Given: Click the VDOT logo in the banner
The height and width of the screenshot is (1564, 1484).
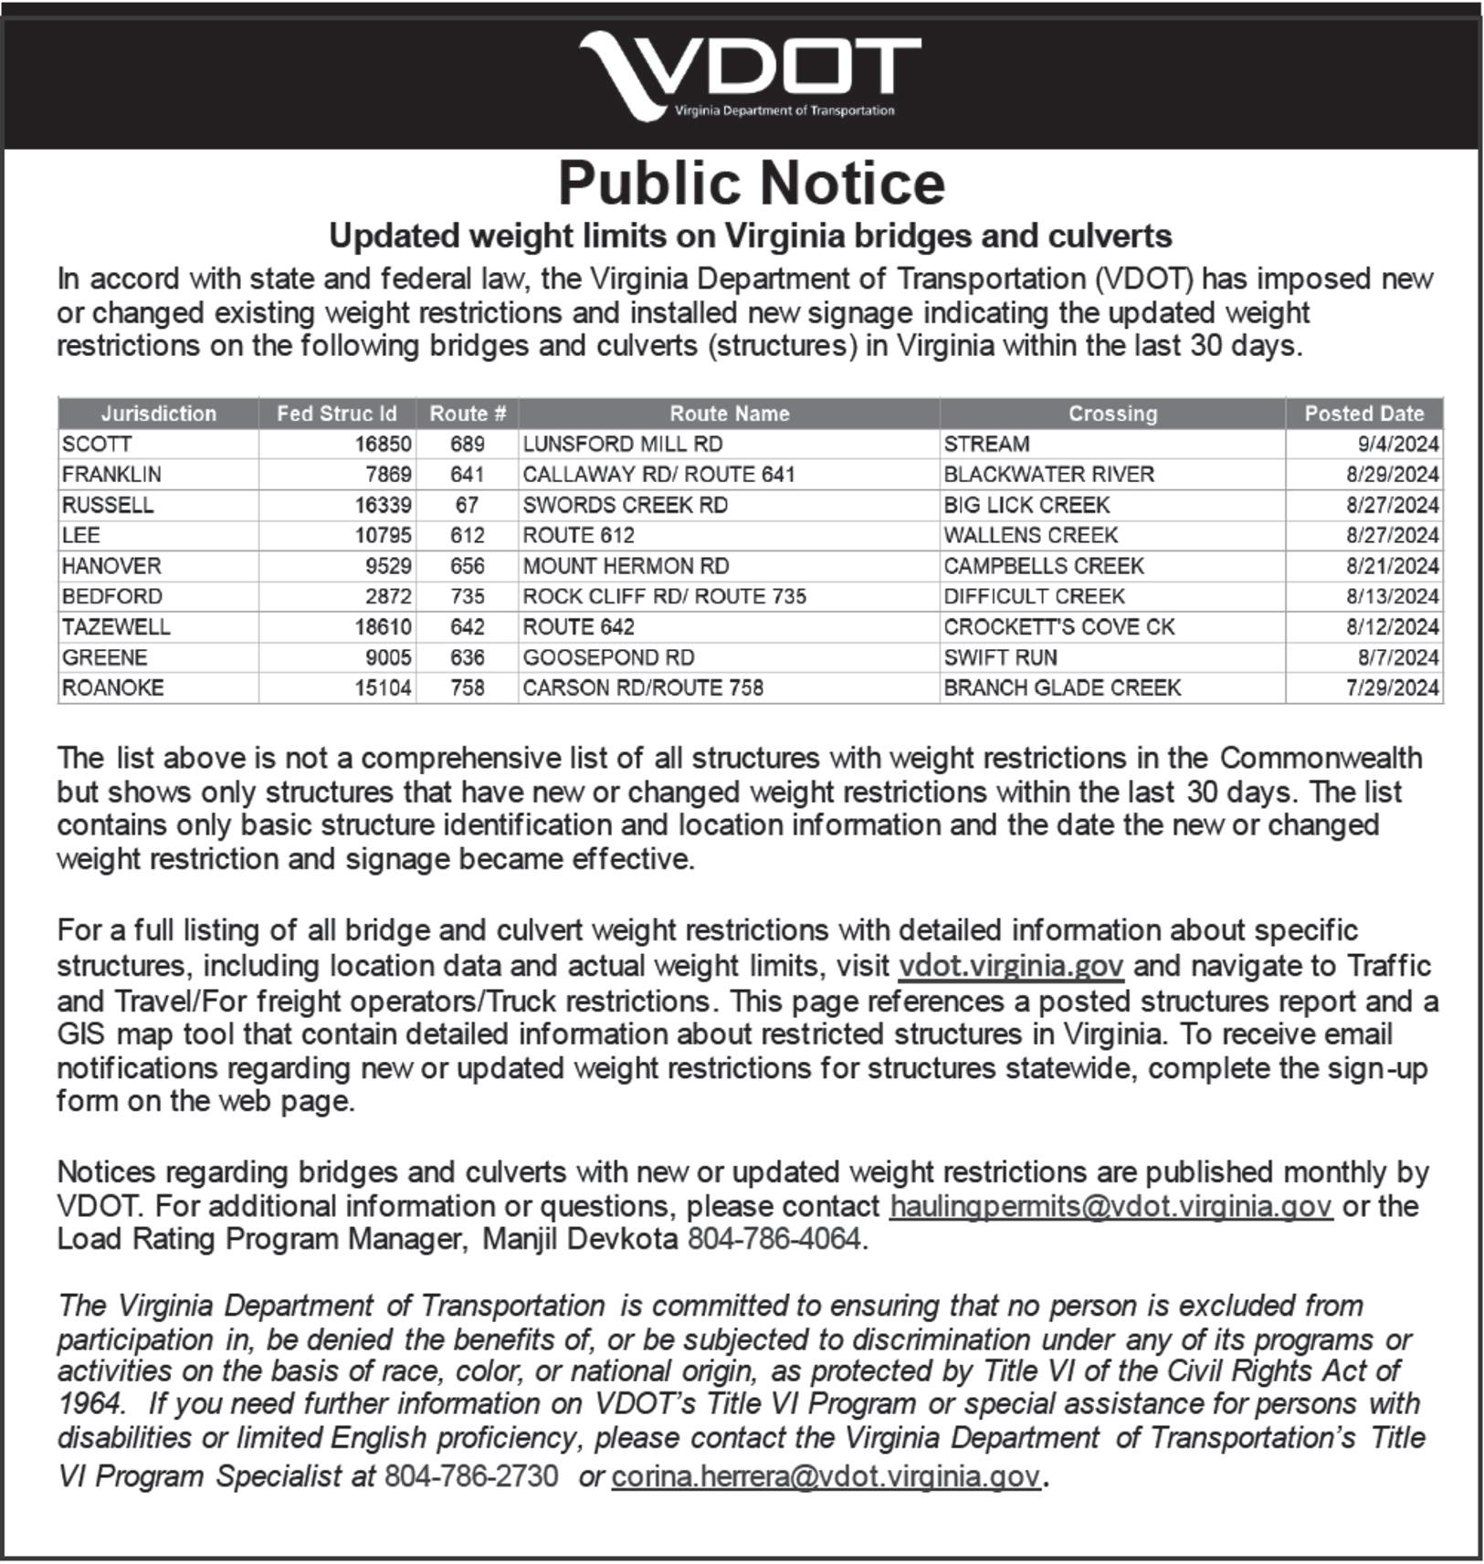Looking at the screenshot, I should pos(751,76).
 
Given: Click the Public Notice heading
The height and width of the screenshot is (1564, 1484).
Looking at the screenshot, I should pos(751,184).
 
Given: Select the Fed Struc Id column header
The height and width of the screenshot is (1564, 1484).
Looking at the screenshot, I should pos(337,414).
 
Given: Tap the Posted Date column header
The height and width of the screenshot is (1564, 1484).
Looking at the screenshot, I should pos(1363,414).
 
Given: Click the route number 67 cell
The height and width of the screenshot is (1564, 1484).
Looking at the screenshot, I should pos(467,505).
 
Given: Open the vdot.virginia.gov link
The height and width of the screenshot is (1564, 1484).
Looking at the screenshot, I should pos(1011,966).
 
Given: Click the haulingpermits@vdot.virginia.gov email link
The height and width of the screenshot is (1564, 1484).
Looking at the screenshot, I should pos(1110,1206).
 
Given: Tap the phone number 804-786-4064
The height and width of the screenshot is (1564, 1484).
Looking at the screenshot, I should pos(774,1239).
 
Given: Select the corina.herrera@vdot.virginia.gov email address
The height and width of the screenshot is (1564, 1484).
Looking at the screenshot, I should pos(826,1476).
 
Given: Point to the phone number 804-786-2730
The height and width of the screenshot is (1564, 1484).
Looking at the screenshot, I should pos(470,1476).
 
